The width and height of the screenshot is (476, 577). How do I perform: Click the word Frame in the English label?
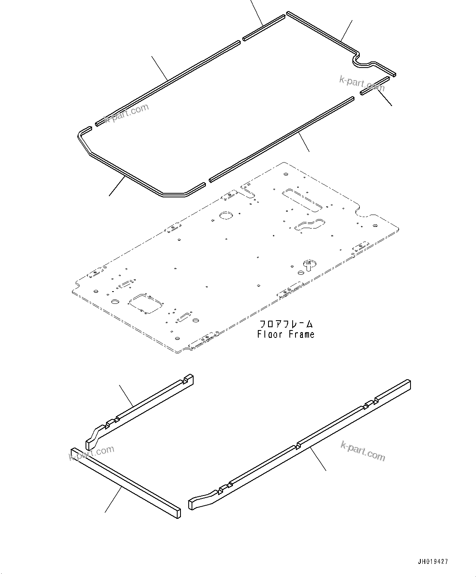301,334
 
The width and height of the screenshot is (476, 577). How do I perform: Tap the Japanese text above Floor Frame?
286,324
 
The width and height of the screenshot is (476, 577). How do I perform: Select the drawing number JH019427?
433,562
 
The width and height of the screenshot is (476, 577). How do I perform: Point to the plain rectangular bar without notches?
125,483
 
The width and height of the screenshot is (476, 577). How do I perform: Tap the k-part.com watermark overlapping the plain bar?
92,453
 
